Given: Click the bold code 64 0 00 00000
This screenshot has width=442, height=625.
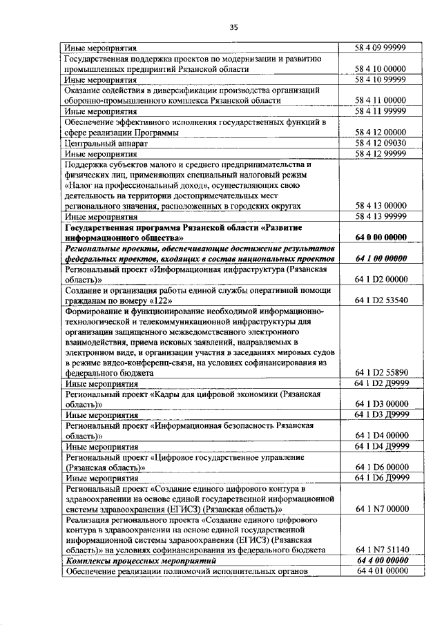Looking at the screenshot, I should pyautogui.click(x=379, y=238).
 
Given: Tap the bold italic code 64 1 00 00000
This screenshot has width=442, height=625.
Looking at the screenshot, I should pyautogui.click(x=379, y=258).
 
